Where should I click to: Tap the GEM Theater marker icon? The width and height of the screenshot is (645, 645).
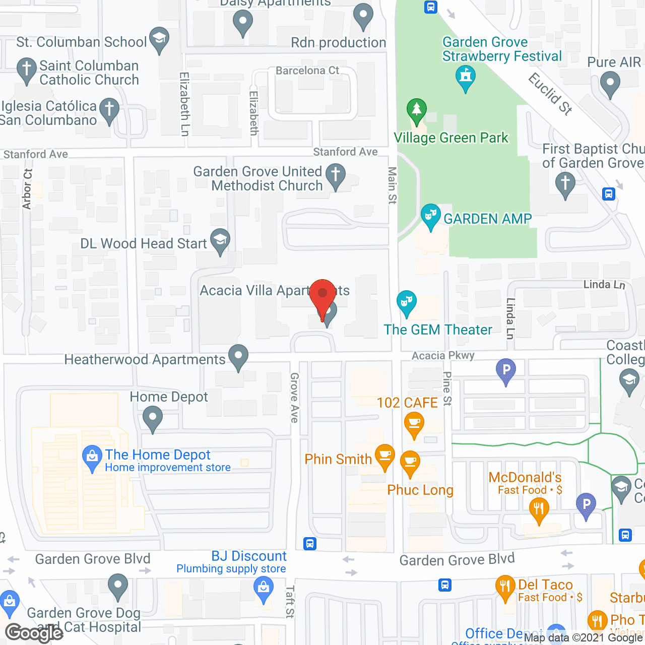pyautogui.click(x=406, y=302)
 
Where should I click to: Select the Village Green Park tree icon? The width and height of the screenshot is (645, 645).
pyautogui.click(x=416, y=110)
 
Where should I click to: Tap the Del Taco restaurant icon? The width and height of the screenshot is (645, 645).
pyautogui.click(x=505, y=587)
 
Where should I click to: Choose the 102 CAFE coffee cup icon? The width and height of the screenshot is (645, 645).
pyautogui.click(x=414, y=423)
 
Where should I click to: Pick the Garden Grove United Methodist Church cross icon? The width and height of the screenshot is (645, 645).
pyautogui.click(x=336, y=175)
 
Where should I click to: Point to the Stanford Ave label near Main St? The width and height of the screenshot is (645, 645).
pyautogui.click(x=345, y=152)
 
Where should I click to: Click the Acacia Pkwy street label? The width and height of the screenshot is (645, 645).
pyautogui.click(x=443, y=355)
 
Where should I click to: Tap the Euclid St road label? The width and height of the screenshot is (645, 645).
pyautogui.click(x=550, y=94)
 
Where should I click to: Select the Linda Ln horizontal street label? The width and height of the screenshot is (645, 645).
pyautogui.click(x=604, y=285)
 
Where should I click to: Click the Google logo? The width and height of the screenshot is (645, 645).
pyautogui.click(x=34, y=633)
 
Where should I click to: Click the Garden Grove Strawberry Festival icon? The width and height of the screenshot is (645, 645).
pyautogui.click(x=466, y=78)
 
